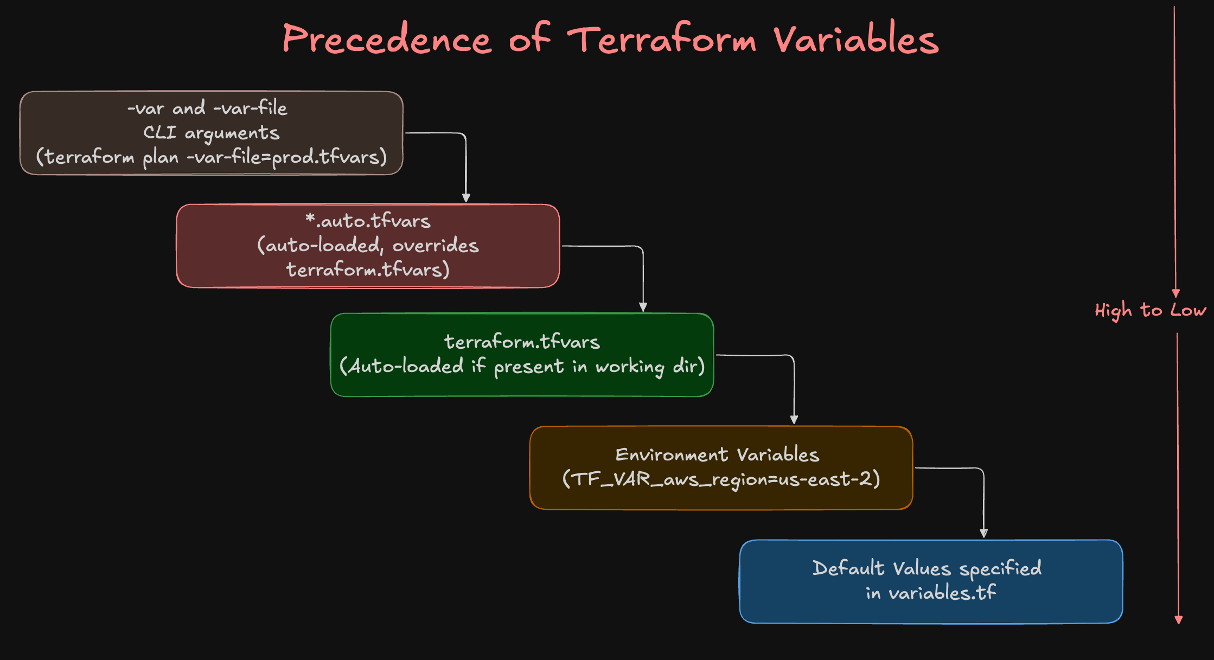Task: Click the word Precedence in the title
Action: [387, 39]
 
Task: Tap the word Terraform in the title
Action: [662, 39]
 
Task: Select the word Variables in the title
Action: [856, 39]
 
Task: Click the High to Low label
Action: [1150, 310]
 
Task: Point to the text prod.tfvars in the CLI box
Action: [325, 157]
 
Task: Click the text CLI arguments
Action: [211, 133]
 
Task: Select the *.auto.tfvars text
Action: [368, 221]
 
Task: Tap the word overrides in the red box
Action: [435, 246]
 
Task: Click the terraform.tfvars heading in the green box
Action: [522, 342]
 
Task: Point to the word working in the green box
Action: [630, 367]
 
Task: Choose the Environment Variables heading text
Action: [717, 454]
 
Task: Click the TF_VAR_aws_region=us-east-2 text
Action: [721, 479]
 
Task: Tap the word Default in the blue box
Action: [848, 568]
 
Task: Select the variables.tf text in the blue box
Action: [942, 593]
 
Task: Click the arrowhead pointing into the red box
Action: [466, 198]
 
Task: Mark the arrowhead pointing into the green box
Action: [643, 307]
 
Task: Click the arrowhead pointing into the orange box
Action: [794, 420]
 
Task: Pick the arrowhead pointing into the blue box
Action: [983, 533]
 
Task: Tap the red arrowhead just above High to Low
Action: [1175, 293]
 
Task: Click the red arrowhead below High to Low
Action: [1178, 620]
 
